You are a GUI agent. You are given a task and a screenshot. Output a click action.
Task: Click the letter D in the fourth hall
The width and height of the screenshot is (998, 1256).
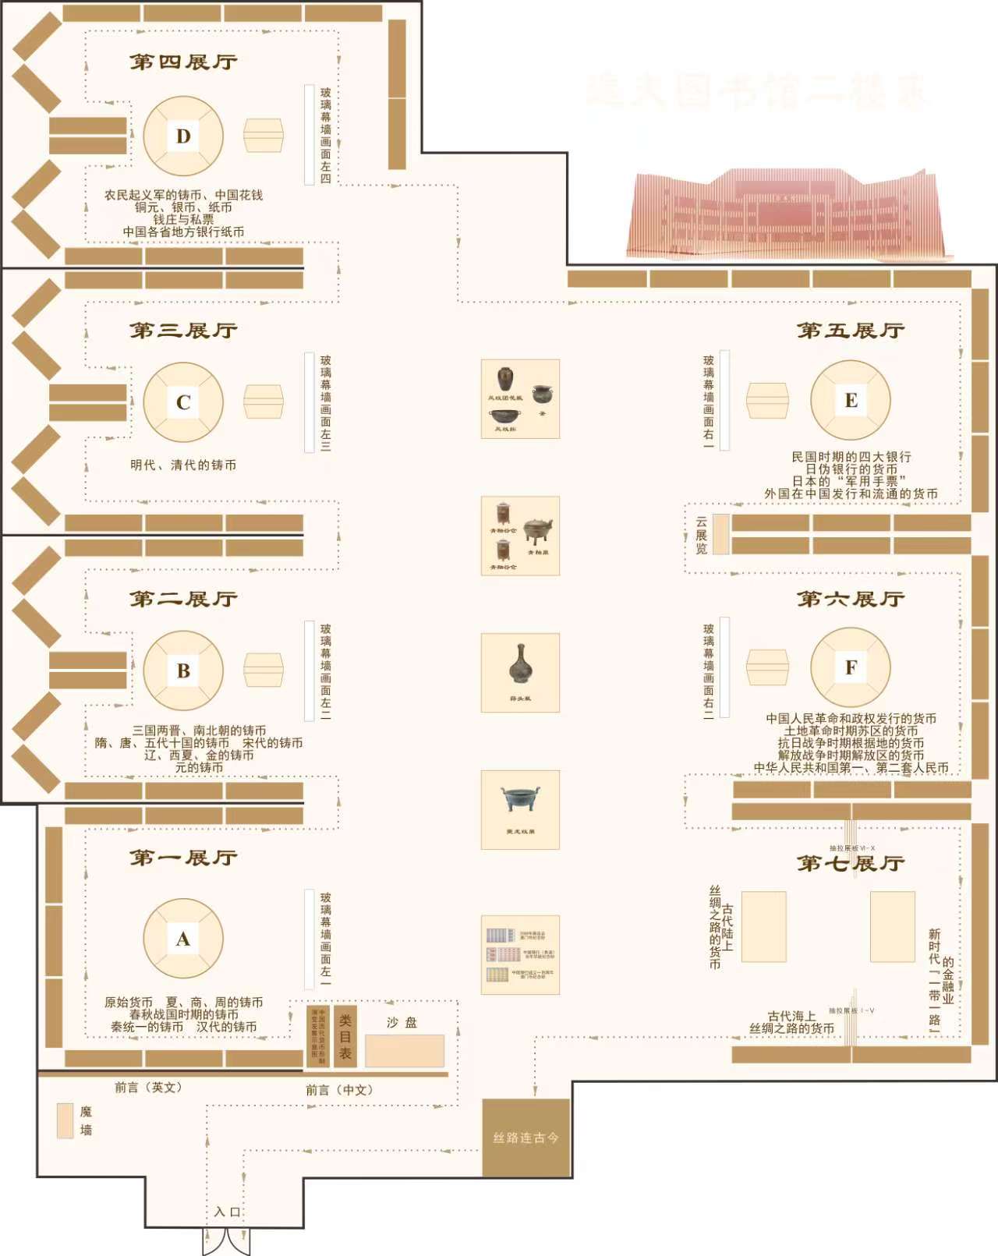[183, 136]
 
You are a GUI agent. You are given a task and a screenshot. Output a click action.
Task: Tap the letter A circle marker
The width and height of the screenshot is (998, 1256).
[183, 939]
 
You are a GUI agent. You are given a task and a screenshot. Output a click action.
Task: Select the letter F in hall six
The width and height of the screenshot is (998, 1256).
[851, 667]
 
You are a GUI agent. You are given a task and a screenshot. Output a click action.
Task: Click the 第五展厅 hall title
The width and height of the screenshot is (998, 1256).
[851, 331]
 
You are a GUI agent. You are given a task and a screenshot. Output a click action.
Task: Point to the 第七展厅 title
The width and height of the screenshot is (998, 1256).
[851, 864]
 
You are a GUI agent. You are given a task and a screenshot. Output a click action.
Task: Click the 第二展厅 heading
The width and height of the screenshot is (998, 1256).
[183, 599]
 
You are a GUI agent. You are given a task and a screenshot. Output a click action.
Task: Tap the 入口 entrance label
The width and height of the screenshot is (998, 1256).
[228, 1212]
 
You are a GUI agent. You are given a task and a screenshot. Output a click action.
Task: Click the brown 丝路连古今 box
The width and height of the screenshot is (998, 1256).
[526, 1137]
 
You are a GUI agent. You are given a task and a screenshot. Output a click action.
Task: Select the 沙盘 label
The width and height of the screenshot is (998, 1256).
[402, 1022]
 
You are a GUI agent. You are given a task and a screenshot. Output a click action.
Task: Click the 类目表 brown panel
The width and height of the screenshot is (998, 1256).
[345, 1036]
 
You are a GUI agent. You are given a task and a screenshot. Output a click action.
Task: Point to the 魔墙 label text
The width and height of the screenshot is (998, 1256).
[86, 1120]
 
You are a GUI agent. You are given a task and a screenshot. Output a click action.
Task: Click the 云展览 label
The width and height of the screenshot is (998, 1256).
[701, 535]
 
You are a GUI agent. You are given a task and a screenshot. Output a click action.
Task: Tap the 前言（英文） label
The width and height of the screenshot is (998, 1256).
[148, 1087]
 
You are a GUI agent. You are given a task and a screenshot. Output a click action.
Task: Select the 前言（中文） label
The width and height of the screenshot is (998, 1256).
[339, 1090]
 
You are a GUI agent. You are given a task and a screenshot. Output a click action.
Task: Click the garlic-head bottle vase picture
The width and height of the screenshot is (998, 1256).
[520, 672]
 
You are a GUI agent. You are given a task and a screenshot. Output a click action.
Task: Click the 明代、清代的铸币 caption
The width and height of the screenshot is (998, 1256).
[183, 465]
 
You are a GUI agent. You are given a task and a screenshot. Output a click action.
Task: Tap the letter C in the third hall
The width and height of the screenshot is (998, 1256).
[183, 402]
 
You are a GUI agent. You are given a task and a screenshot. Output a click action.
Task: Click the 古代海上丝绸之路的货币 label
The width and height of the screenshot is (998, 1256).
[791, 1022]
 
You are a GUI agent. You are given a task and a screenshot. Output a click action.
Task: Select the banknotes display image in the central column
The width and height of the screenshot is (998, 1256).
[520, 954]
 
